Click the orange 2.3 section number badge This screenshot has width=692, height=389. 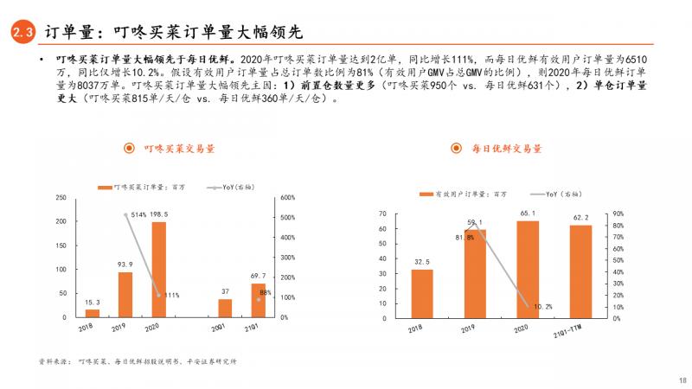[x=22, y=33]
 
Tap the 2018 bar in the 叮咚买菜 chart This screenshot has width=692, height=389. [x=93, y=313]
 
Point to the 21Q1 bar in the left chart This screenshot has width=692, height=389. [x=258, y=300]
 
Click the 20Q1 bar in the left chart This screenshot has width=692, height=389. [x=225, y=308]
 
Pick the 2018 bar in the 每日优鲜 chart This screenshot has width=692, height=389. [x=422, y=294]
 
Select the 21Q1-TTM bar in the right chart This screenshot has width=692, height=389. [x=580, y=271]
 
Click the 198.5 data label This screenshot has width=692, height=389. [x=158, y=214]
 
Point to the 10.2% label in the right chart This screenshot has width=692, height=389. [x=542, y=306]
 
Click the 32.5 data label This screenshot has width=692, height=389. [x=422, y=262]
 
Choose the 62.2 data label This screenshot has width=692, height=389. [x=580, y=217]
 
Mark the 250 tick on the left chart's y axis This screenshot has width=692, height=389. [x=61, y=198]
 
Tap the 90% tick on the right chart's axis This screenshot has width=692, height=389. [x=617, y=213]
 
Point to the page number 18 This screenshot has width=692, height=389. [x=682, y=379]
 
